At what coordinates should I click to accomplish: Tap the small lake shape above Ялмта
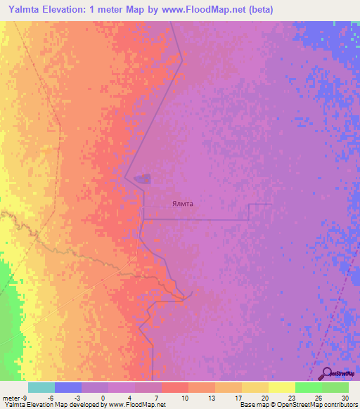point(143,179)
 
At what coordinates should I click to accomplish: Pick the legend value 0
point(103,398)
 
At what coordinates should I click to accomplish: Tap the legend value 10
point(184,398)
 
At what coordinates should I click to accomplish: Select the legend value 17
point(237,398)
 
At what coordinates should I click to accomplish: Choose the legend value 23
point(290,398)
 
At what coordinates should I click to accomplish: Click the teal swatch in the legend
point(41,387)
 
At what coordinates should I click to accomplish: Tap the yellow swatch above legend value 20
point(255,387)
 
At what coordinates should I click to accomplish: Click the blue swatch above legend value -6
point(68,387)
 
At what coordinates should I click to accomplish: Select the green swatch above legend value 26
point(309,387)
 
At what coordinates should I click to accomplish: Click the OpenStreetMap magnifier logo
point(327,374)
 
